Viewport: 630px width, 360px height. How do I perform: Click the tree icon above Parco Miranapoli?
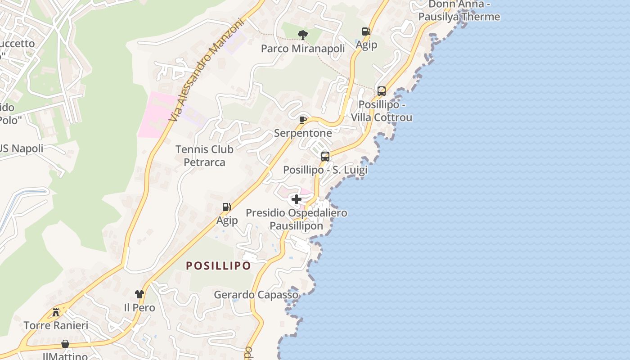click(303, 35)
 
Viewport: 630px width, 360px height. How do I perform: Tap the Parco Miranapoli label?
click(303, 48)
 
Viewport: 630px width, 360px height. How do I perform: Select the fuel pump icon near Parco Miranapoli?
click(366, 31)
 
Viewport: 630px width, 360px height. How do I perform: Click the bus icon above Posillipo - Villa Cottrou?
click(381, 91)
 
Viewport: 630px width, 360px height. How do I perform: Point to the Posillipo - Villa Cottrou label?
click(381, 111)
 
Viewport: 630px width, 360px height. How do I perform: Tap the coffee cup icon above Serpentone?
click(303, 120)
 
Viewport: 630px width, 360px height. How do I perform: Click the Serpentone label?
click(303, 133)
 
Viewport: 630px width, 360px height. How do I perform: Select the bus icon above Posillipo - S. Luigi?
click(325, 157)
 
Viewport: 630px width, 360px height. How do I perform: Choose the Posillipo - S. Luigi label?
click(325, 170)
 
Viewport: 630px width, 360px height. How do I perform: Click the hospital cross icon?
click(296, 199)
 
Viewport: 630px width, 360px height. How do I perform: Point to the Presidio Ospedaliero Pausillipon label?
click(296, 219)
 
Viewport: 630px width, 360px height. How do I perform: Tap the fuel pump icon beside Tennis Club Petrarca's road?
click(226, 207)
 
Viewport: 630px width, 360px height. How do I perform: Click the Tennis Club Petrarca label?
click(204, 156)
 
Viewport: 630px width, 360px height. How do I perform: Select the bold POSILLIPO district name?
click(218, 265)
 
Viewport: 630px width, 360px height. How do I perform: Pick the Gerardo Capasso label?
click(256, 295)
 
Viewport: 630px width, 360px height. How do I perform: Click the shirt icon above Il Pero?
click(139, 294)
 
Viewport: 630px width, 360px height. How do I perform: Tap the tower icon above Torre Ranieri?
click(56, 311)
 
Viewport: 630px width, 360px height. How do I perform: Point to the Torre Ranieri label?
click(56, 325)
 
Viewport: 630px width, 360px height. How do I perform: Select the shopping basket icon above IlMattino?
click(65, 344)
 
